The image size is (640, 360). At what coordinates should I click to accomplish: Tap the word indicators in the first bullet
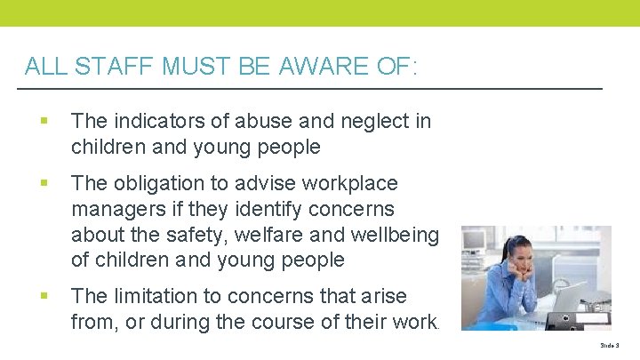pos(148,121)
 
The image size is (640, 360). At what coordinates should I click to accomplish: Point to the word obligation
pos(154,183)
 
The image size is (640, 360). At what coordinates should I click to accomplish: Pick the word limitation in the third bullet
pos(148,294)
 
